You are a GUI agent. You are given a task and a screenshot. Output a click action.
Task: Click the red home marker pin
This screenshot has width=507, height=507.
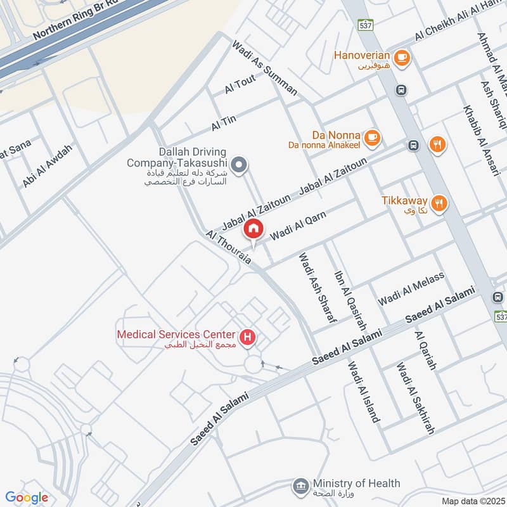[253, 228]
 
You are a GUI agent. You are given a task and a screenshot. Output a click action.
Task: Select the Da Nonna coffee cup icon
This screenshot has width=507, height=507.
[373, 136]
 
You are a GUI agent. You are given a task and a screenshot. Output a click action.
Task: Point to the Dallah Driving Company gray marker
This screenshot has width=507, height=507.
[238, 166]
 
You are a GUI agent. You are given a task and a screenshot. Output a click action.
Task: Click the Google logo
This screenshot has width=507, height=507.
[27, 497]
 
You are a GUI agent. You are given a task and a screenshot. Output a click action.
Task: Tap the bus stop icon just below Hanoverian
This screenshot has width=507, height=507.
[401, 90]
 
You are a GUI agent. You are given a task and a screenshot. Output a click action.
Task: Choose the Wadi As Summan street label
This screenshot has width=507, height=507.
[264, 68]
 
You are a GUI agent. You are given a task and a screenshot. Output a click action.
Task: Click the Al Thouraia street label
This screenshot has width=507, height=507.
[229, 247]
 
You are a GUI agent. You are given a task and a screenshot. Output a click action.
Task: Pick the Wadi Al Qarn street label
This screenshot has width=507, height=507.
[298, 226]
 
